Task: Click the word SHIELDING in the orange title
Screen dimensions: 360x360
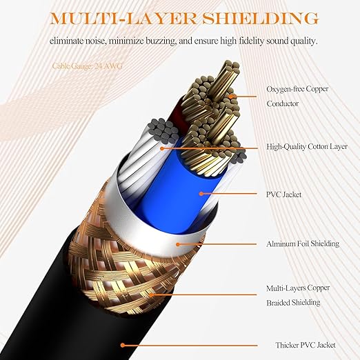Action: point(260,19)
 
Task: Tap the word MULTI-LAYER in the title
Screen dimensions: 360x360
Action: point(123,19)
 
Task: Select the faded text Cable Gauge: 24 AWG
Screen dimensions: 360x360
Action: point(88,66)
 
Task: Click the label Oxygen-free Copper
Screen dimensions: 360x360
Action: point(297,89)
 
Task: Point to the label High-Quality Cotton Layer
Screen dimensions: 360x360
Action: point(307,147)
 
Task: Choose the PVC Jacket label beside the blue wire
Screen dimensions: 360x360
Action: point(283,194)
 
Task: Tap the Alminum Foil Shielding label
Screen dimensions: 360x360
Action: point(303,243)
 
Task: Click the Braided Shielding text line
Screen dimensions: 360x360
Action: point(293,303)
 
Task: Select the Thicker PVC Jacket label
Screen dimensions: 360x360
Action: point(306,345)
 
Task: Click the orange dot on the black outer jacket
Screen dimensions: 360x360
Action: point(123,345)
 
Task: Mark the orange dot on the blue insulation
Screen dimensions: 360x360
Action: point(201,194)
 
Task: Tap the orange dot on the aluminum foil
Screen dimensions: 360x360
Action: point(178,244)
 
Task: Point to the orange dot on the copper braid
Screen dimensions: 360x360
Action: point(151,294)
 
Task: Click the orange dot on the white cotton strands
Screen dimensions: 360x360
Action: point(162,148)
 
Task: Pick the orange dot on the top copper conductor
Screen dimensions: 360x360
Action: point(230,96)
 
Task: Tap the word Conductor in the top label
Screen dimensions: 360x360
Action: point(282,103)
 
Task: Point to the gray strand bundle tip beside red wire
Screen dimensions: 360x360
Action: point(163,130)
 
